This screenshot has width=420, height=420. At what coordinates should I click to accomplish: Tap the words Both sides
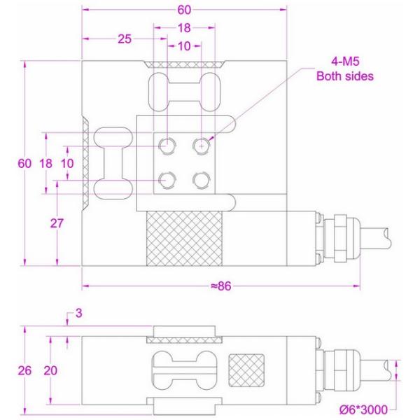point(345,76)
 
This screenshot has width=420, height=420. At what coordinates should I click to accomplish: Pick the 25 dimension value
point(125,40)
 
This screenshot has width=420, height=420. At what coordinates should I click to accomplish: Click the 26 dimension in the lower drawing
point(24,370)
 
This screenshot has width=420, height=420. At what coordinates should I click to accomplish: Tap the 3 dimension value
point(78,314)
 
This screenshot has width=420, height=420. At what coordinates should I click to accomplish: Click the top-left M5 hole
point(168,146)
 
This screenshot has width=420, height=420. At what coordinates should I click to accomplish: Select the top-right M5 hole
point(202,146)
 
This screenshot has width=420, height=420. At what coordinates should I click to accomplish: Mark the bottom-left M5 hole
point(168,180)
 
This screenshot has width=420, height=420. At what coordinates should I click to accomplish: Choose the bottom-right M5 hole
point(202,180)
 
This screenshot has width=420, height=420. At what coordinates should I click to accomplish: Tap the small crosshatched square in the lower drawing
point(247,368)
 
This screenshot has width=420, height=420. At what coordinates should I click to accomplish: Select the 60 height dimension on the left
point(24,163)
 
